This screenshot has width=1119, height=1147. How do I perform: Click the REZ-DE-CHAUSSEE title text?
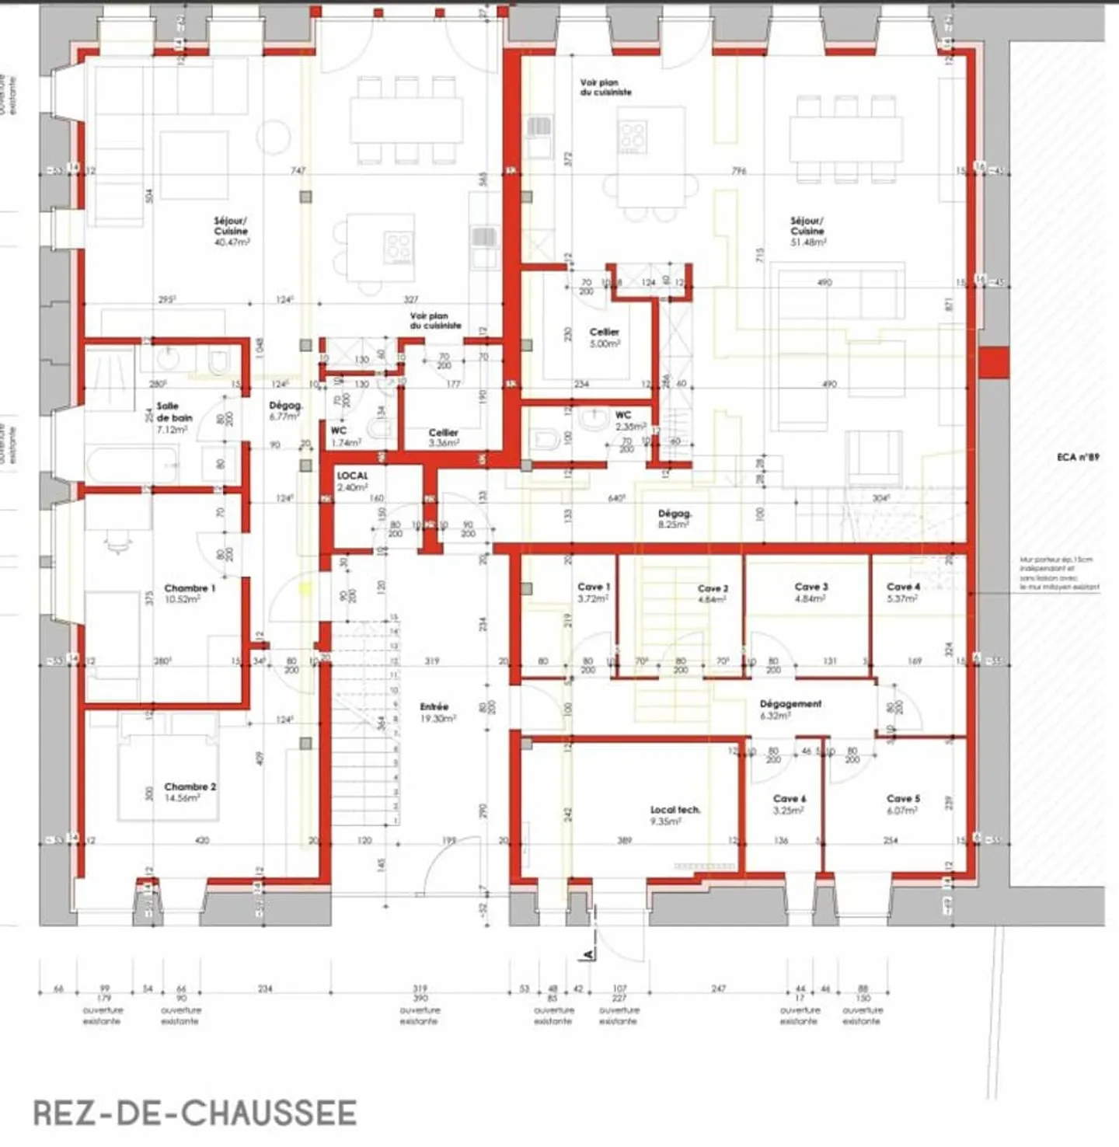[194, 1113]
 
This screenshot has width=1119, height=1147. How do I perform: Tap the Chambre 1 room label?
[190, 594]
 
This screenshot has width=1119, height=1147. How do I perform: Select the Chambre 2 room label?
[190, 792]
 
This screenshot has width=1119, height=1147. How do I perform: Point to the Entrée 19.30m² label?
[436, 713]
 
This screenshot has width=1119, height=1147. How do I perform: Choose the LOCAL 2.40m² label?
[352, 481]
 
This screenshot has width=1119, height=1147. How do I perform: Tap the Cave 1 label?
[594, 592]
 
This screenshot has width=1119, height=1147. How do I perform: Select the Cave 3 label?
[810, 592]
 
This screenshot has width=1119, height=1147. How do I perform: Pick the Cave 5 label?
[903, 804]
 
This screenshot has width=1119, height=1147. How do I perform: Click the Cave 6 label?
[789, 804]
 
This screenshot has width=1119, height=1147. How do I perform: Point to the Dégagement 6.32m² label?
[790, 709]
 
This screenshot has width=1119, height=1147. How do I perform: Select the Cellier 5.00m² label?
[604, 337]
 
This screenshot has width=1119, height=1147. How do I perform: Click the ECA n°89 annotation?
[1078, 457]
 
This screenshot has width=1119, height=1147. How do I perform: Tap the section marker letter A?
[588, 953]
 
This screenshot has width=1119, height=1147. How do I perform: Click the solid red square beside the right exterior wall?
[993, 362]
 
